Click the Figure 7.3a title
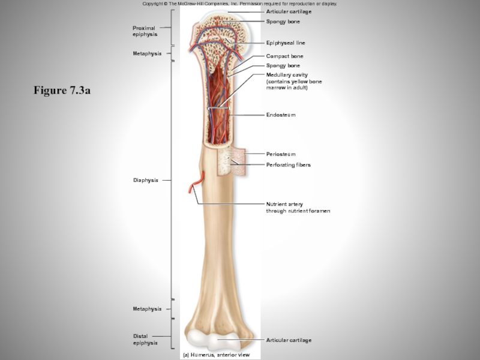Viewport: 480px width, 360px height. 62,91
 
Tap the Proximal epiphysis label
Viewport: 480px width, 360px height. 145,31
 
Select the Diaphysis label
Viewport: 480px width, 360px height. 146,180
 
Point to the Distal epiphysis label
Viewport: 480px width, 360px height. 145,340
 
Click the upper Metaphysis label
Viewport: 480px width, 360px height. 147,54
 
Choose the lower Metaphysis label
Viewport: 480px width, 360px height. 147,309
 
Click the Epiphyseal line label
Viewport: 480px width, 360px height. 286,43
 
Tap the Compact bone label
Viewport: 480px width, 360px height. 284,56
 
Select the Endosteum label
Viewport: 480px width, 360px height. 281,115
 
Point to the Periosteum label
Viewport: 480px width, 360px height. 281,154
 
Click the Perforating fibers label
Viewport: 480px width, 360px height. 288,164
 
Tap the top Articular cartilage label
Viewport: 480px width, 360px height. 289,12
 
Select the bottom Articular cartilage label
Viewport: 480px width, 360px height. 289,340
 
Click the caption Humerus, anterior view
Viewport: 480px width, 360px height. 216,355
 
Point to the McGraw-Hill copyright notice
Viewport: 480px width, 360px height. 239,4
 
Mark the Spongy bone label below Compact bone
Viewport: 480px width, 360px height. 283,65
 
